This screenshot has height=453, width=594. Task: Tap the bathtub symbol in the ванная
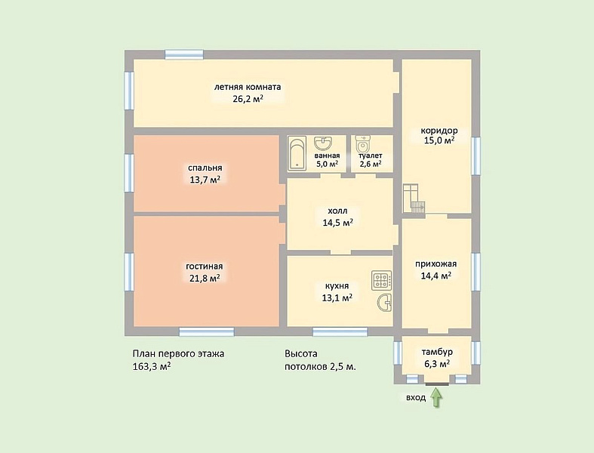297,153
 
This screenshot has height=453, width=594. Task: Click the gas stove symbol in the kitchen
381,281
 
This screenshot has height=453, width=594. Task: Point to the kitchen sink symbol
384,303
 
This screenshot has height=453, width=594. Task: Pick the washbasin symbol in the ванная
323,143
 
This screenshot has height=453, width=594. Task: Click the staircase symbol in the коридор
414,199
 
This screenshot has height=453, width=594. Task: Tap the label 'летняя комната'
248,87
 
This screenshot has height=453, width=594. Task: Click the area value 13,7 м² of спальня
205,179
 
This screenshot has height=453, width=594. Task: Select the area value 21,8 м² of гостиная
205,278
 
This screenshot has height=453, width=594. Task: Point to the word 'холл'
337,211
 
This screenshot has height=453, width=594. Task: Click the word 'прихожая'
436,263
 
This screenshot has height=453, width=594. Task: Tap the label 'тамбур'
437,352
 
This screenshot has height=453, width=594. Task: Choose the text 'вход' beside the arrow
416,398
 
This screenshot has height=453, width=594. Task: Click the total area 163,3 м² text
152,367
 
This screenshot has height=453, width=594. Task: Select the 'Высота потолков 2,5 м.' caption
321,360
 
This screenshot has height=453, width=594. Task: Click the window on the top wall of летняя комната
184,54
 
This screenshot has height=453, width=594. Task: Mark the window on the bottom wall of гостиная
207,332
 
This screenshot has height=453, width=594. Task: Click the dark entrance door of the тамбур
437,384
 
